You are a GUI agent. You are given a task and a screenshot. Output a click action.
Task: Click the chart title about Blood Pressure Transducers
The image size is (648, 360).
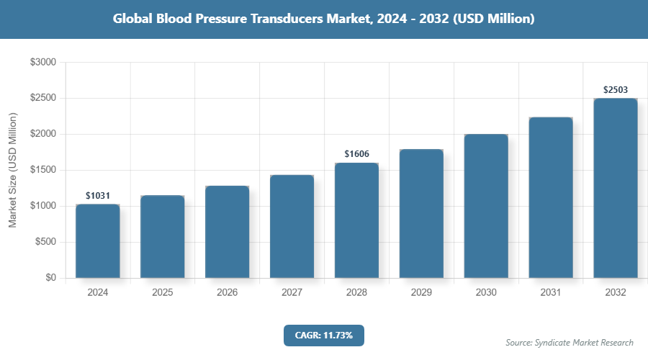(324, 19)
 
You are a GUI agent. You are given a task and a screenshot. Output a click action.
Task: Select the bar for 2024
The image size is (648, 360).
(98, 241)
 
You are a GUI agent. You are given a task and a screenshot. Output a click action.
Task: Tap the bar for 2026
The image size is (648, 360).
(228, 232)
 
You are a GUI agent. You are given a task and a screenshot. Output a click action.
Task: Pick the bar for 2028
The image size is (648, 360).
(357, 220)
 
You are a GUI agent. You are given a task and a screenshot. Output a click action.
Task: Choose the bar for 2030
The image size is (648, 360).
(486, 206)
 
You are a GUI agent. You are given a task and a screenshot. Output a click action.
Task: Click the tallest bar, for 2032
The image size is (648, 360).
(616, 188)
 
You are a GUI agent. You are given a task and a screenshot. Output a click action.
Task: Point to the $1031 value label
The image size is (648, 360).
(98, 195)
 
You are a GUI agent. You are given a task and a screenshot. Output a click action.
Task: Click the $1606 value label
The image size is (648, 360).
(357, 154)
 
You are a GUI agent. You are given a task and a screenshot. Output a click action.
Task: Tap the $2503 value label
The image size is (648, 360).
(616, 90)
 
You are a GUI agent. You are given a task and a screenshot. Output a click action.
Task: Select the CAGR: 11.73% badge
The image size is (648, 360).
(323, 336)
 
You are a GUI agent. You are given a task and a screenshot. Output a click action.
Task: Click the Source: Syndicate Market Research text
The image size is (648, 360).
(569, 342)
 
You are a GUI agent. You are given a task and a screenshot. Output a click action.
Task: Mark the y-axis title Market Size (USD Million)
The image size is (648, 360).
(12, 170)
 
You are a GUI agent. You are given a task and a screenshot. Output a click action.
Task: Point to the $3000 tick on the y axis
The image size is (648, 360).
(42, 63)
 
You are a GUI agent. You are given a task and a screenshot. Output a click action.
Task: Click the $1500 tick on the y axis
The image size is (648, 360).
(42, 170)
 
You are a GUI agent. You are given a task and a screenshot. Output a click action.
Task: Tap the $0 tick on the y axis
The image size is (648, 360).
(50, 278)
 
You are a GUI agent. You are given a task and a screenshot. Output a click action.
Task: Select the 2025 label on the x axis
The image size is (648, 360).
(163, 293)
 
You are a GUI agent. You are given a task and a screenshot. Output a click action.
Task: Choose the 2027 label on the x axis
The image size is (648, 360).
(292, 293)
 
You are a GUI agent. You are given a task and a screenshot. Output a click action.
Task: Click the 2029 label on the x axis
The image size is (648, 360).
(421, 293)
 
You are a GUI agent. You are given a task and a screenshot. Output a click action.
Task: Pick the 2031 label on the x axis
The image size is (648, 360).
(551, 293)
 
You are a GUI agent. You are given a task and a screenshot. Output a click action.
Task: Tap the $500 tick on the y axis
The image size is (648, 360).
(45, 242)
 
